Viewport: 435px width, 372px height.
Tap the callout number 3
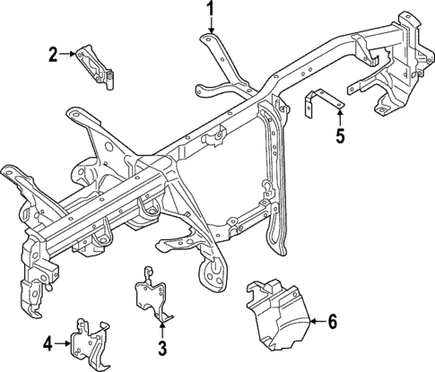(x=162, y=347)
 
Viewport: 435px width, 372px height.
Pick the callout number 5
(x=340, y=137)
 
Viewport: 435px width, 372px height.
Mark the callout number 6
(x=333, y=320)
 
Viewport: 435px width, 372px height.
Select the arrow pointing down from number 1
(x=211, y=27)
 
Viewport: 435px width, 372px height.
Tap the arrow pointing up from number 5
(x=340, y=117)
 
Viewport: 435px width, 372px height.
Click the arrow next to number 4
(x=63, y=342)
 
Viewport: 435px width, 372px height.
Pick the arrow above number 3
(x=162, y=328)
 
